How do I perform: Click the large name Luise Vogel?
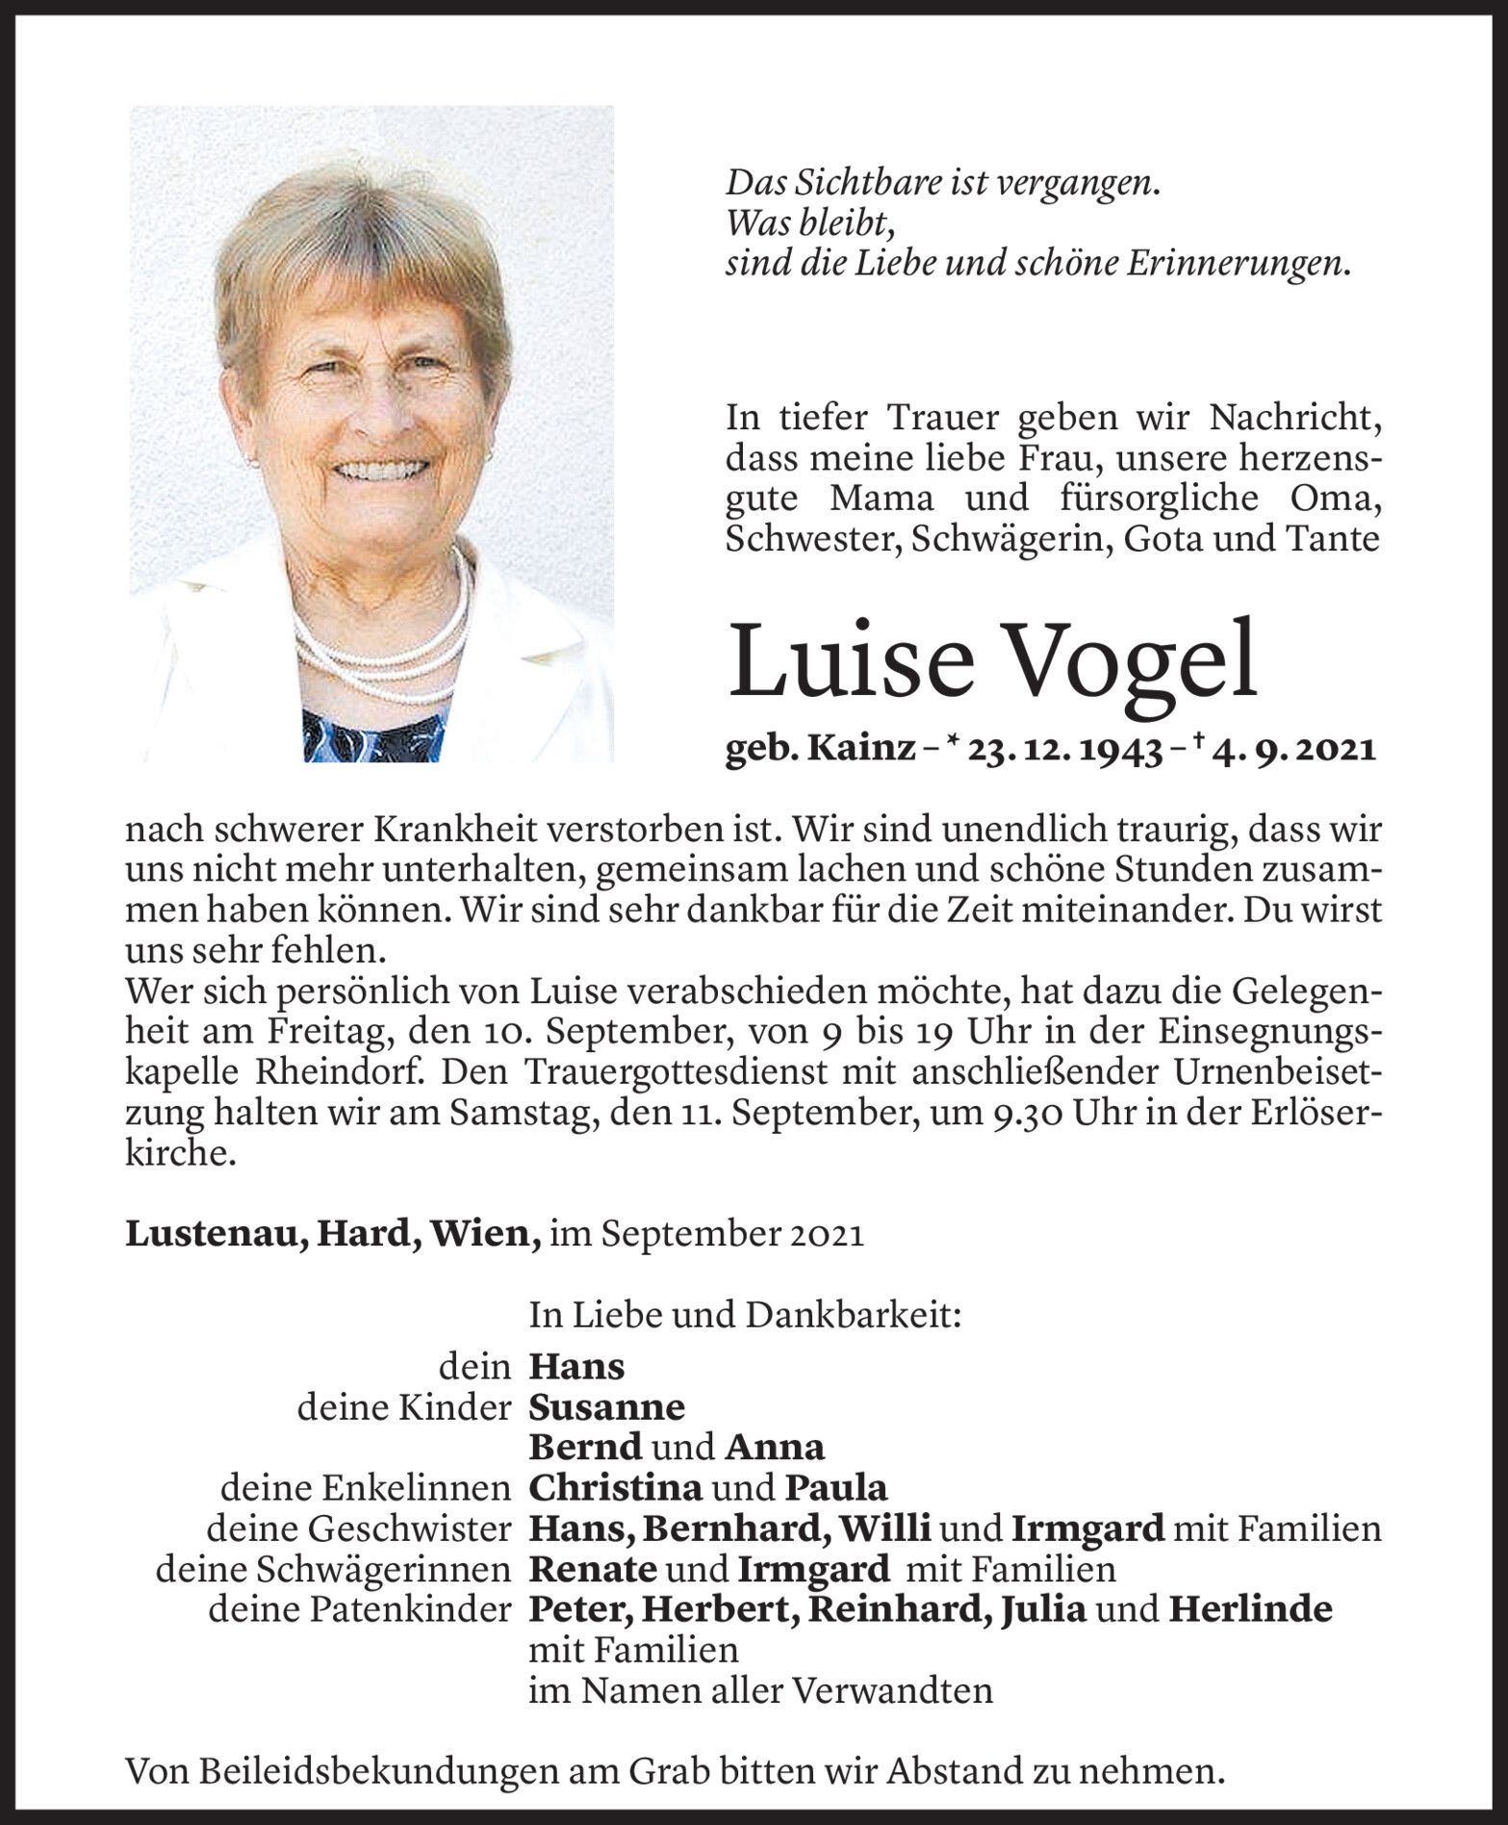pos(992,660)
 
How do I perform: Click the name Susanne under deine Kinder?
pos(606,1407)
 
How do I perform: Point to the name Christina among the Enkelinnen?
pos(615,1488)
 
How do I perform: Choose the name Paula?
pos(836,1488)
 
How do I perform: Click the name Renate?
pos(593,1570)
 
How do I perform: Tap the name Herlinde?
pos(1250,1610)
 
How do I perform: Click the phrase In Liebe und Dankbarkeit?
pos(745,1316)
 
